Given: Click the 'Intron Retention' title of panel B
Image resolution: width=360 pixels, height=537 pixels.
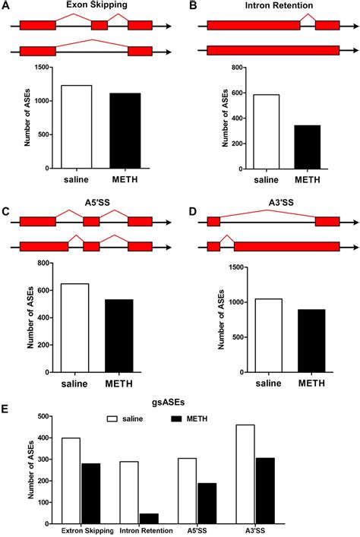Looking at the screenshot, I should click(273, 5).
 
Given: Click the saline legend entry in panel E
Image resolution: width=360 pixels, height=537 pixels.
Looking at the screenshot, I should click(129, 419).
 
